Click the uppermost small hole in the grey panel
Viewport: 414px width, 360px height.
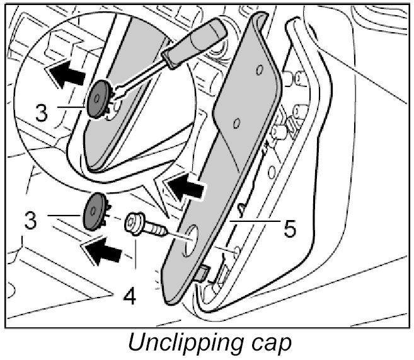(x=260, y=71)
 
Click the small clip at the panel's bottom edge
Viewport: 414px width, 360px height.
(x=202, y=273)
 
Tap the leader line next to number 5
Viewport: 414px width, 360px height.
(x=255, y=221)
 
